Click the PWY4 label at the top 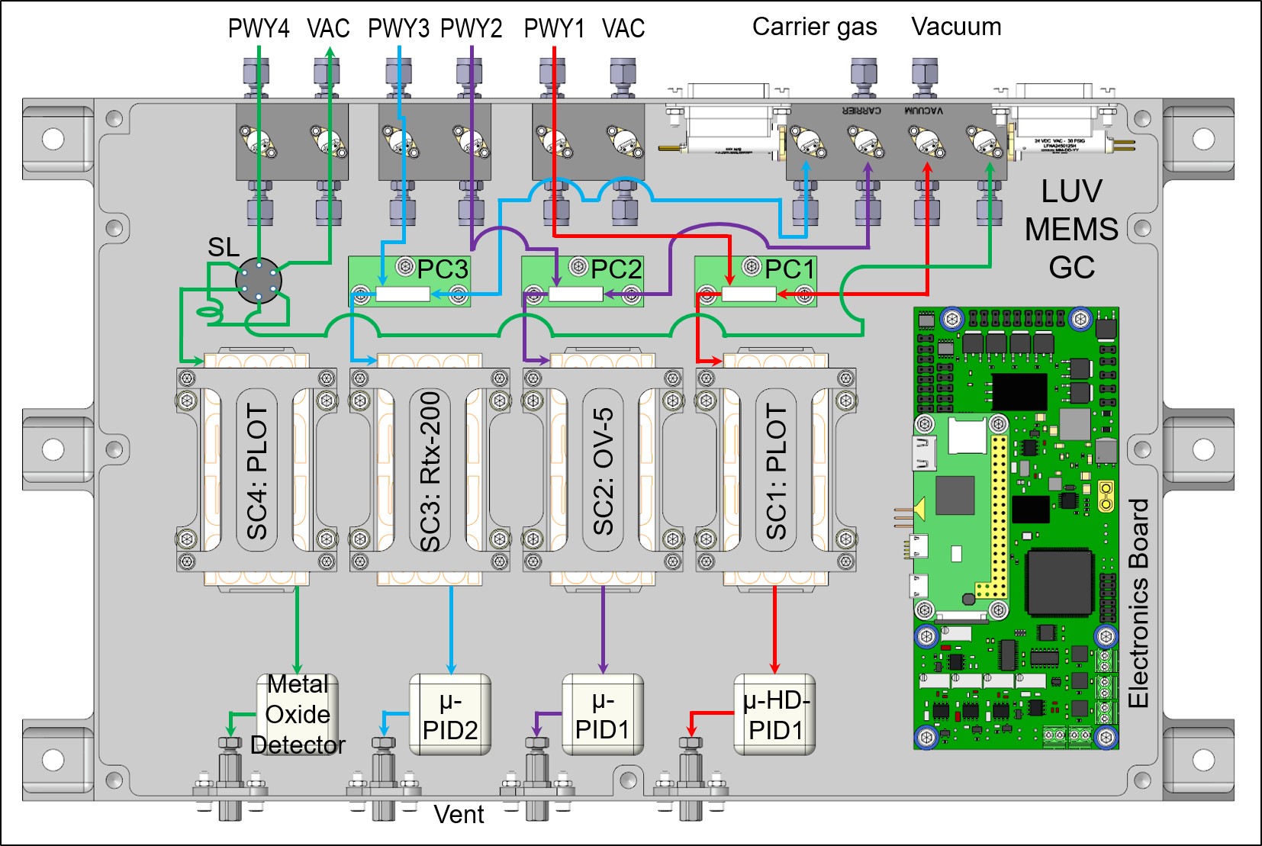click(x=259, y=29)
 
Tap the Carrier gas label click(x=814, y=27)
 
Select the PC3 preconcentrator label click(x=443, y=269)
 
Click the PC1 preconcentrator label click(x=790, y=269)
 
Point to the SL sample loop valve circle click(x=259, y=281)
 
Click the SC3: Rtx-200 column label click(x=430, y=471)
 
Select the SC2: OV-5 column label click(x=603, y=471)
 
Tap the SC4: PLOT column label click(x=257, y=471)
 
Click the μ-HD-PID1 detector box click(x=774, y=715)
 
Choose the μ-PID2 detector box click(x=450, y=715)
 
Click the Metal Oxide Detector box click(x=298, y=715)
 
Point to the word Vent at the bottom click(x=459, y=815)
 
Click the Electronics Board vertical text click(x=1138, y=603)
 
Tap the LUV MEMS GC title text click(x=1071, y=229)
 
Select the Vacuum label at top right click(x=955, y=27)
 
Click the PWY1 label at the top click(x=554, y=29)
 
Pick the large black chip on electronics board click(x=1061, y=582)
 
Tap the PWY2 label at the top click(x=471, y=29)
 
